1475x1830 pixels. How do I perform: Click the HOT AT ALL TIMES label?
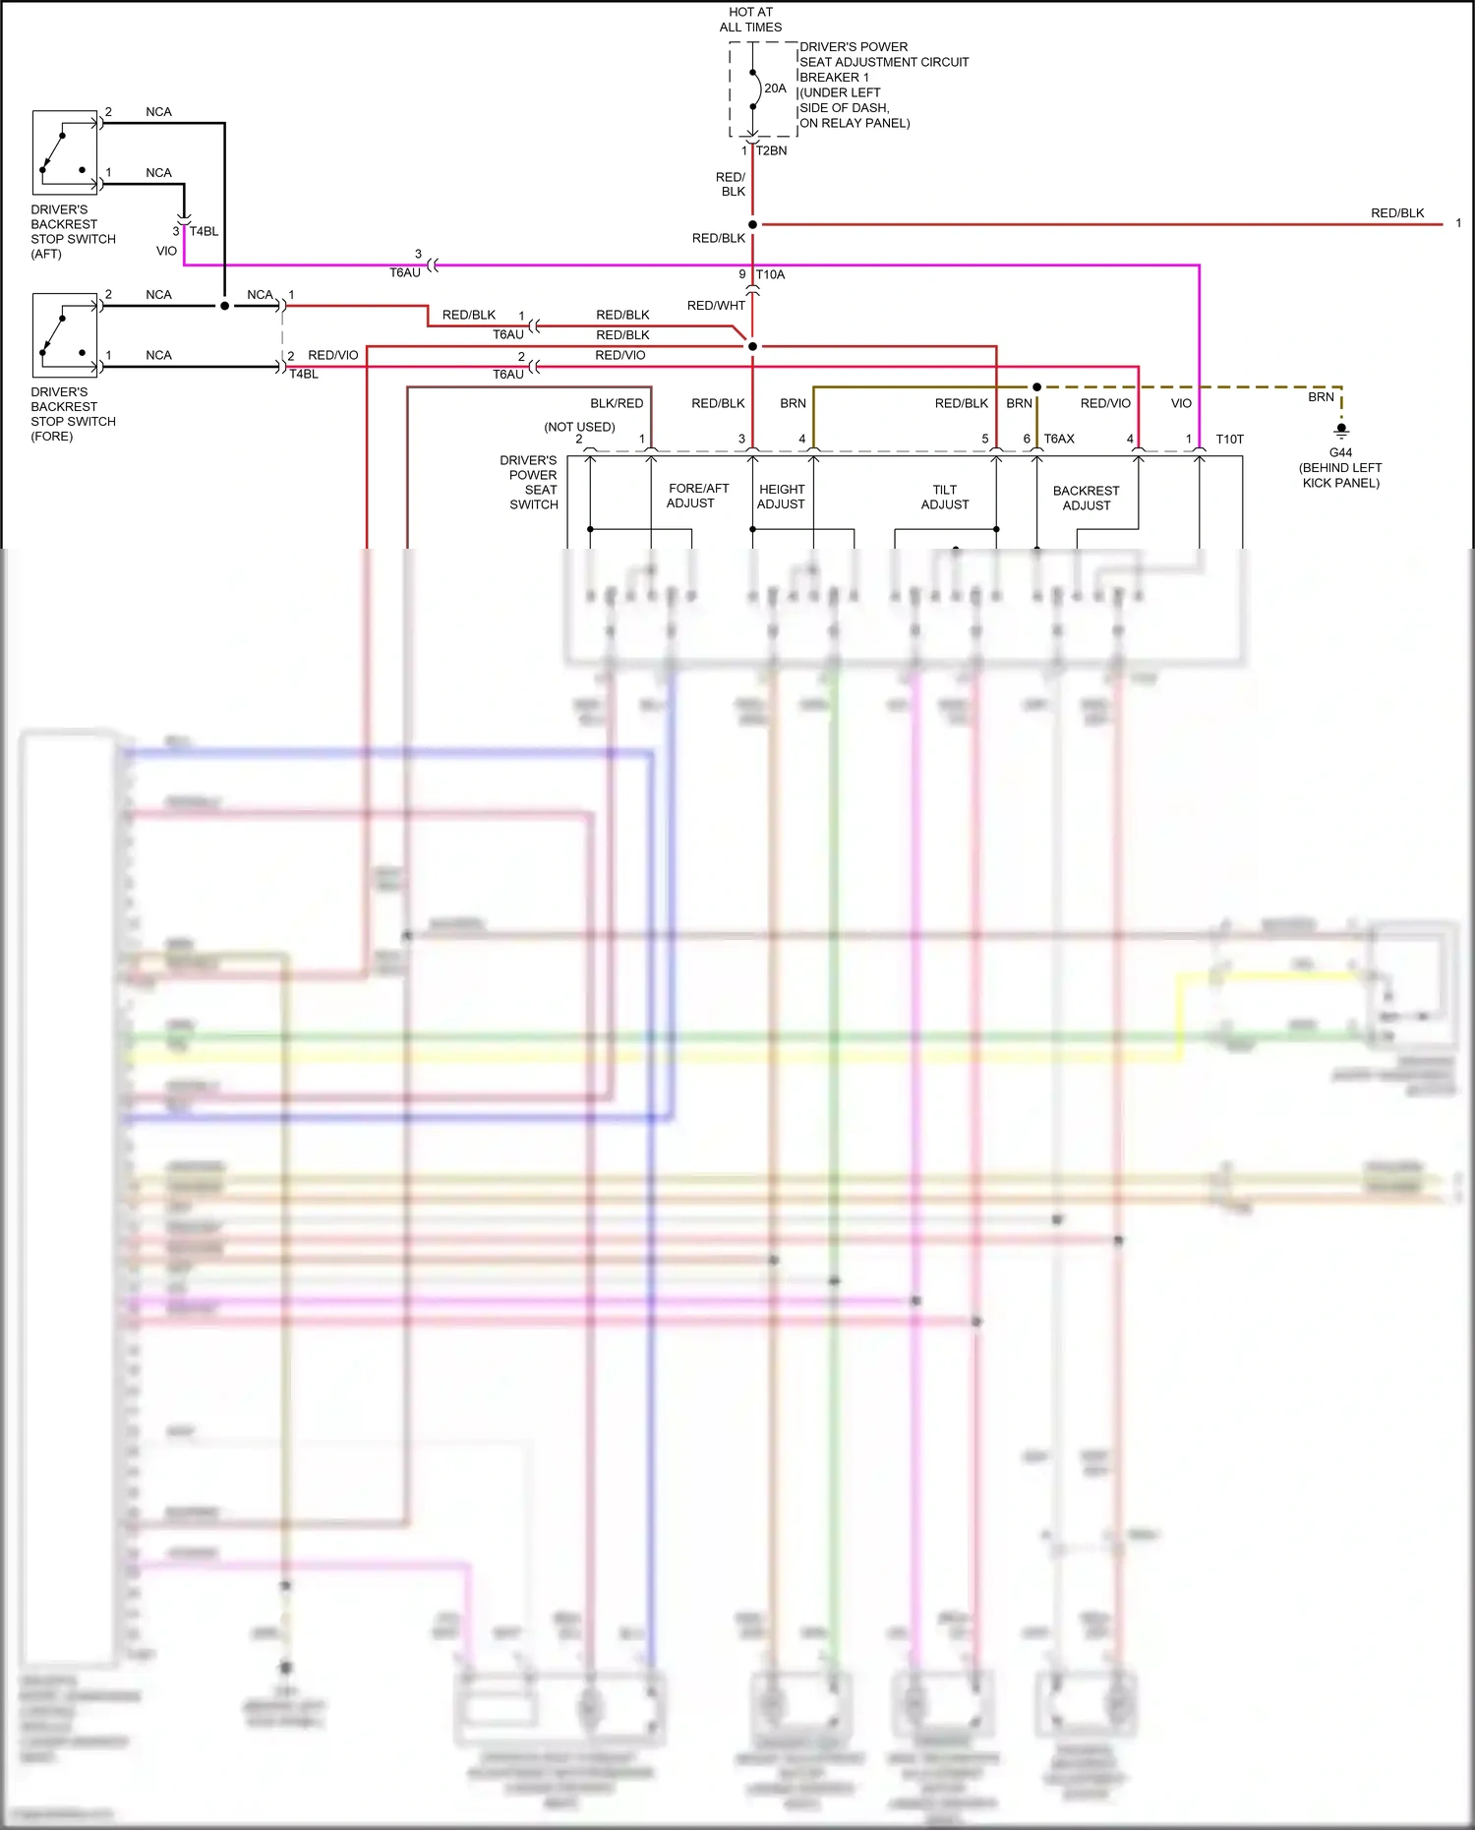750,20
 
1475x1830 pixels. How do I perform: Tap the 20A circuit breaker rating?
775,89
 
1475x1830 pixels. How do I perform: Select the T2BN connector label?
771,150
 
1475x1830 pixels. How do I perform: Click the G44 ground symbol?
1341,430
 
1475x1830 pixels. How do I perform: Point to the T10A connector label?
770,274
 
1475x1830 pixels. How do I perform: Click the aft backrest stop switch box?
65,152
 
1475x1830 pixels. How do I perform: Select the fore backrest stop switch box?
65,335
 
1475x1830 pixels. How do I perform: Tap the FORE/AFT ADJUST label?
698,496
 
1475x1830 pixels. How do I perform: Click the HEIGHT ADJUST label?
781,497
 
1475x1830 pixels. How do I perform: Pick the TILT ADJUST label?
944,497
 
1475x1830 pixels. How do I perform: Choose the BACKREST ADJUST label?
1086,498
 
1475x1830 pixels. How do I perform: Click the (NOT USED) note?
579,427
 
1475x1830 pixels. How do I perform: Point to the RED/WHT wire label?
716,306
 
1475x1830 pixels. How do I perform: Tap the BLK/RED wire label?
617,403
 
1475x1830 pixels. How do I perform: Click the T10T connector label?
1229,440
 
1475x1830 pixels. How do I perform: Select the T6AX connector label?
1059,439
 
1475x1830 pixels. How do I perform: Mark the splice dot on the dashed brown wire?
1036,387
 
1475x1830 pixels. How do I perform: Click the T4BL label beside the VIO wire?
204,231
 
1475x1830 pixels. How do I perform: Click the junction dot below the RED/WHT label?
752,346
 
